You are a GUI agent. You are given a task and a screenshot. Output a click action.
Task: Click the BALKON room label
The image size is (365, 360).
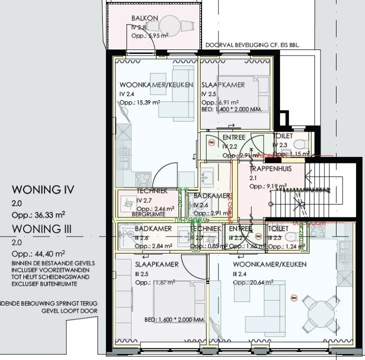coord(144,18)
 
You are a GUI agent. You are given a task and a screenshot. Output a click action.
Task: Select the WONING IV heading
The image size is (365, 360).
coord(43,190)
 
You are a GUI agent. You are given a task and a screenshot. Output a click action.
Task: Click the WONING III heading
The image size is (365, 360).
coord(43,229)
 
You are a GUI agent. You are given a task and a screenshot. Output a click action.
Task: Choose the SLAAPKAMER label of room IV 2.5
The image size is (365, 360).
coord(223,85)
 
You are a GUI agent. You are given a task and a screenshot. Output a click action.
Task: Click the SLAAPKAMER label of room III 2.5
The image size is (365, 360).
coord(156,264)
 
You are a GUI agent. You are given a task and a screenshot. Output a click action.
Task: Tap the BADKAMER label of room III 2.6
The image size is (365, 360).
coord(153,228)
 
